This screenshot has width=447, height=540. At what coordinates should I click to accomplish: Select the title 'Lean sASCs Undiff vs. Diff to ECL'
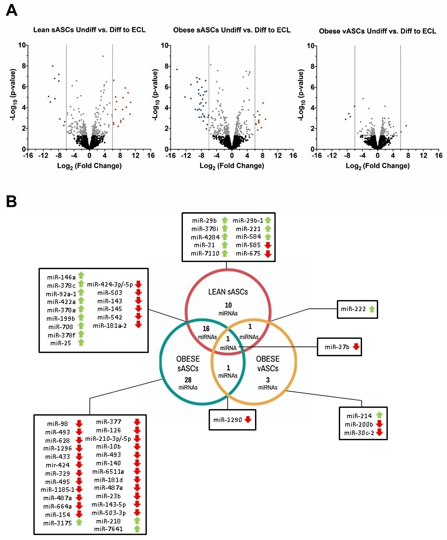(x=89, y=30)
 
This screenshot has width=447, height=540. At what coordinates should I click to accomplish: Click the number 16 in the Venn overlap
(x=206, y=329)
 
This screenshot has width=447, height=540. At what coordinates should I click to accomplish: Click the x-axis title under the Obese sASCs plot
(x=232, y=166)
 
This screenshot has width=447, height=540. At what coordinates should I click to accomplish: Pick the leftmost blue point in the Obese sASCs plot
(x=177, y=69)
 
